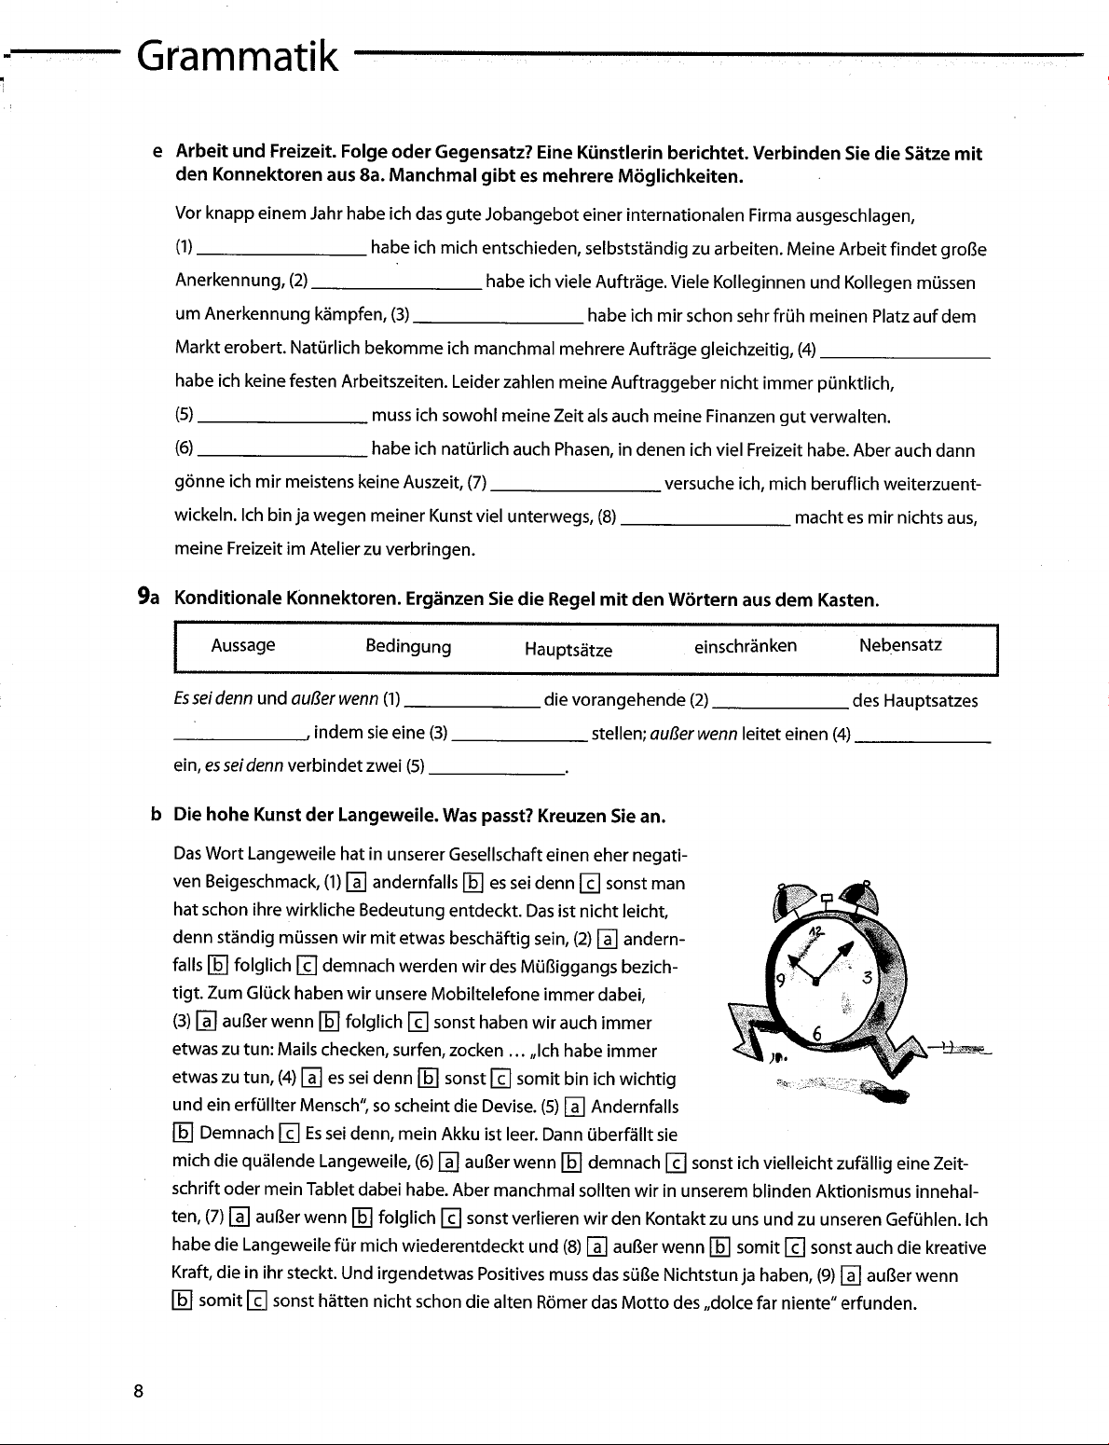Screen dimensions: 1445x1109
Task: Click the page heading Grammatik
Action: [237, 57]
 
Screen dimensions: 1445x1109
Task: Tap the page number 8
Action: [138, 1392]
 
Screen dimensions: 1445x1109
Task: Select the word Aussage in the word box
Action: [243, 645]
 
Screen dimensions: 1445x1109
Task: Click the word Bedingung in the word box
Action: [408, 647]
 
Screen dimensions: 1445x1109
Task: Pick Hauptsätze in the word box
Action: [568, 650]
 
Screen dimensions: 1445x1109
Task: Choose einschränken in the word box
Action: [746, 646]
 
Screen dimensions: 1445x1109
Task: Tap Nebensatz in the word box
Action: [900, 645]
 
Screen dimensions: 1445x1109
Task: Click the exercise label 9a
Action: [148, 598]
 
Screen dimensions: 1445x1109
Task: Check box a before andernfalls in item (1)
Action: [356, 883]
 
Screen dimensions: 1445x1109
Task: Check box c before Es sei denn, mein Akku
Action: [289, 1134]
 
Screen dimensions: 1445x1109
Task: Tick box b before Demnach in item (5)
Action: [183, 1134]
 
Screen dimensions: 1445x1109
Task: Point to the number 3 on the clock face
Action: [866, 979]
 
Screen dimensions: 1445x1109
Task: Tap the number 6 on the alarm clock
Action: [817, 1032]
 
